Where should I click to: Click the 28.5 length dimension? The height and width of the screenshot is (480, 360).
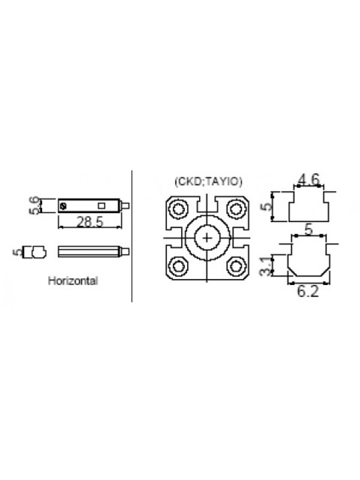(x=89, y=221)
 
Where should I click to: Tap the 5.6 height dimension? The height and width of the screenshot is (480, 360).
(x=35, y=205)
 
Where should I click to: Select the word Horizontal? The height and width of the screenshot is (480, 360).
(x=73, y=281)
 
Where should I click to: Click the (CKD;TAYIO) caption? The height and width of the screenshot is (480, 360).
(x=208, y=182)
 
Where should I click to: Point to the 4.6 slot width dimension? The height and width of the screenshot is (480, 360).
(x=308, y=179)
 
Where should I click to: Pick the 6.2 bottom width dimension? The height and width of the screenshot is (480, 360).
(x=308, y=291)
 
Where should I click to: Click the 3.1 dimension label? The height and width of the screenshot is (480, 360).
(x=266, y=266)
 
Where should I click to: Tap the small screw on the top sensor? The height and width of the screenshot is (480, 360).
(x=64, y=205)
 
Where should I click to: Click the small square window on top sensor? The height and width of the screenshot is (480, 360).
(x=101, y=205)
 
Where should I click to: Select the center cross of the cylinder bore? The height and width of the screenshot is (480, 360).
(x=207, y=238)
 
